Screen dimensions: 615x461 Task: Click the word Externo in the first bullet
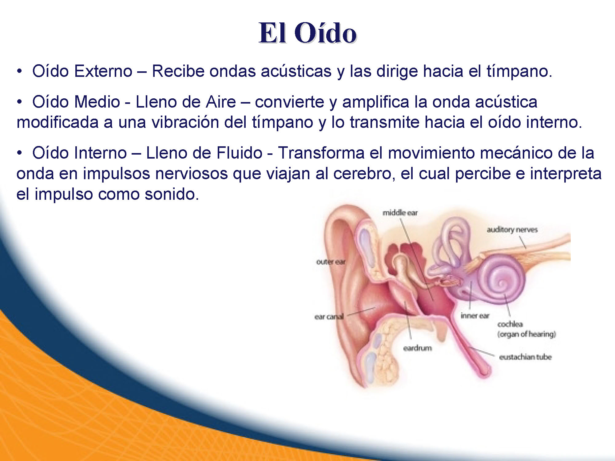pyautogui.click(x=103, y=71)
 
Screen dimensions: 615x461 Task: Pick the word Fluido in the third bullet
pyautogui.click(x=239, y=153)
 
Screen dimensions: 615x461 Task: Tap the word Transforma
pyautogui.click(x=321, y=153)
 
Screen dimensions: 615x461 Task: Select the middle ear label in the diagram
pyautogui.click(x=400, y=213)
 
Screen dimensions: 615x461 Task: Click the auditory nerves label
pyautogui.click(x=512, y=230)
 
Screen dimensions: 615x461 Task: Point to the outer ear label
pyautogui.click(x=331, y=262)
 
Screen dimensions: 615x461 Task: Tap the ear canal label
pyautogui.click(x=329, y=317)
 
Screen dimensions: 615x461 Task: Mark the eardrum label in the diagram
pyautogui.click(x=418, y=348)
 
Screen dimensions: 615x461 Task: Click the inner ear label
pyautogui.click(x=475, y=316)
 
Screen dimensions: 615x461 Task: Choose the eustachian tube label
pyautogui.click(x=526, y=357)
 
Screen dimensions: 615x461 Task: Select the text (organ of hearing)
pyautogui.click(x=527, y=334)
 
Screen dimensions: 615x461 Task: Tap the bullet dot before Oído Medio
pyautogui.click(x=20, y=102)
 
